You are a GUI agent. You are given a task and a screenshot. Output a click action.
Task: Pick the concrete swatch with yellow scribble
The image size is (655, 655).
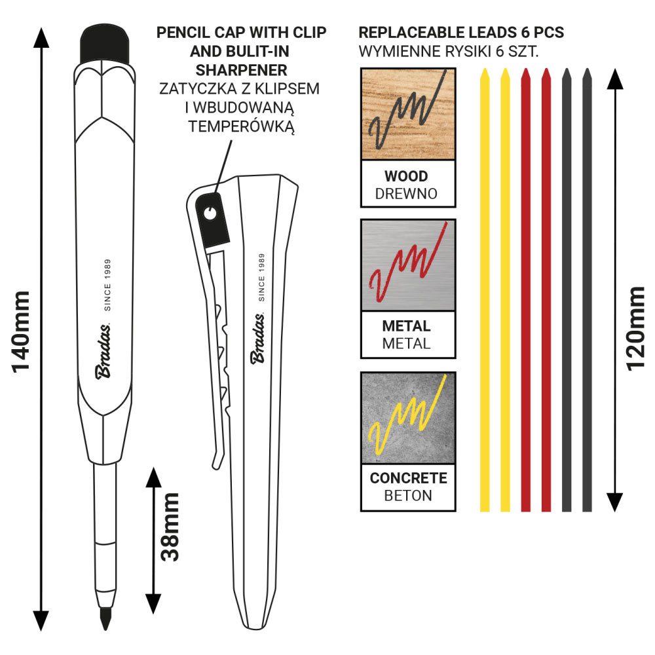pos(408,417)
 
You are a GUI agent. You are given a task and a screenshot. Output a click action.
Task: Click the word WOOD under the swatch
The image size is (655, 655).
pos(406,176)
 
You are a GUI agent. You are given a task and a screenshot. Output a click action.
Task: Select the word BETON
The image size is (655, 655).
pos(408,495)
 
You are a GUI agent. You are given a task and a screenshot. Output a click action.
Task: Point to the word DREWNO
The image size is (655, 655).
pos(406,193)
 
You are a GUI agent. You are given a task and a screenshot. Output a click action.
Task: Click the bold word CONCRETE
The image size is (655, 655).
pos(408,478)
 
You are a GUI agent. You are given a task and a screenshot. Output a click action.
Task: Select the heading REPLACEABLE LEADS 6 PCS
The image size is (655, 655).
pos(462,32)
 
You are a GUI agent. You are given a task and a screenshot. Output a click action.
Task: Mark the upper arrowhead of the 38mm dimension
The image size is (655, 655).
pos(153,477)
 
